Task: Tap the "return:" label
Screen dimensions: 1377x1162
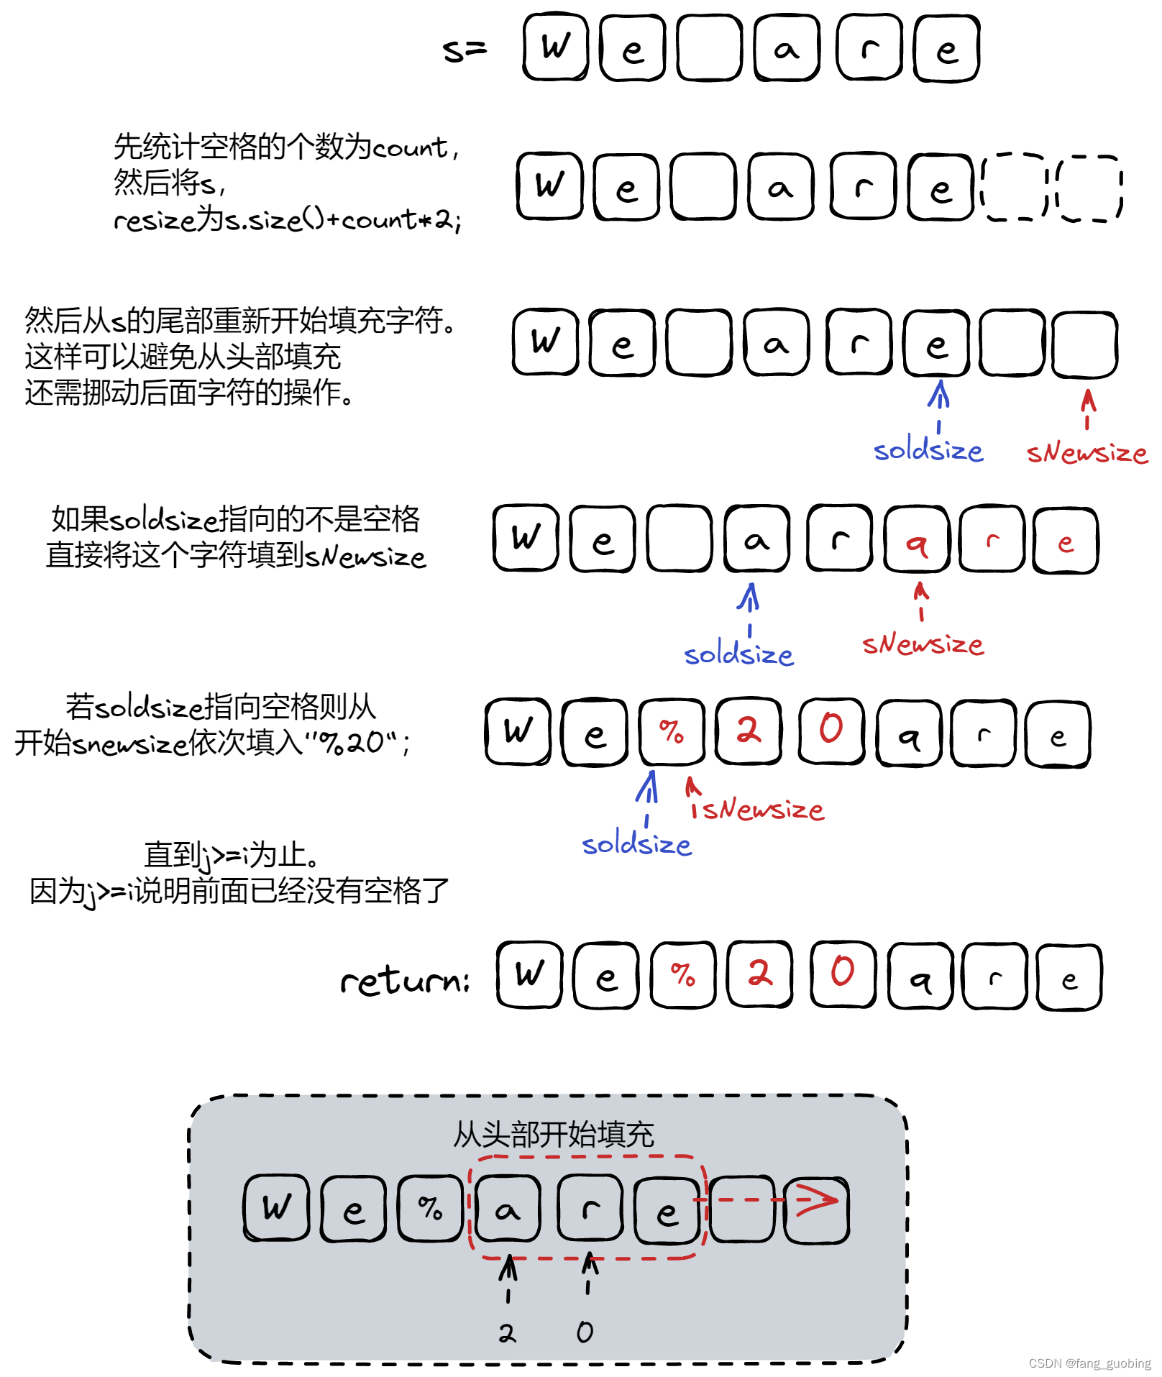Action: [x=405, y=980]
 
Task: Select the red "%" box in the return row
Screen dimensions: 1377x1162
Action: [x=683, y=975]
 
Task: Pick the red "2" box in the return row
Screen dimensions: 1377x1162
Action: [x=759, y=975]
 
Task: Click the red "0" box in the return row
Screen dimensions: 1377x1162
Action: [x=842, y=975]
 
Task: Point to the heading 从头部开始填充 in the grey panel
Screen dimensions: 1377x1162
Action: [x=553, y=1135]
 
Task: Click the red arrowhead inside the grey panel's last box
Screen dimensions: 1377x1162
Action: [x=818, y=1199]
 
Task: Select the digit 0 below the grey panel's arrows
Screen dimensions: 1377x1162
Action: [x=585, y=1332]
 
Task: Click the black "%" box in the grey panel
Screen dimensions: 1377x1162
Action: [x=430, y=1209]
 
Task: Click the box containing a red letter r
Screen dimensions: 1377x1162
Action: [x=992, y=539]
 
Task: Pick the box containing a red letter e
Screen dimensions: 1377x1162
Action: [x=1066, y=541]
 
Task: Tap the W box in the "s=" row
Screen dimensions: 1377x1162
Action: [x=556, y=47]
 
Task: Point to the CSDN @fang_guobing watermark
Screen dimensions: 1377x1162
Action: [x=1089, y=1363]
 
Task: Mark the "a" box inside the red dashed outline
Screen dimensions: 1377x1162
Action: [x=508, y=1209]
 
